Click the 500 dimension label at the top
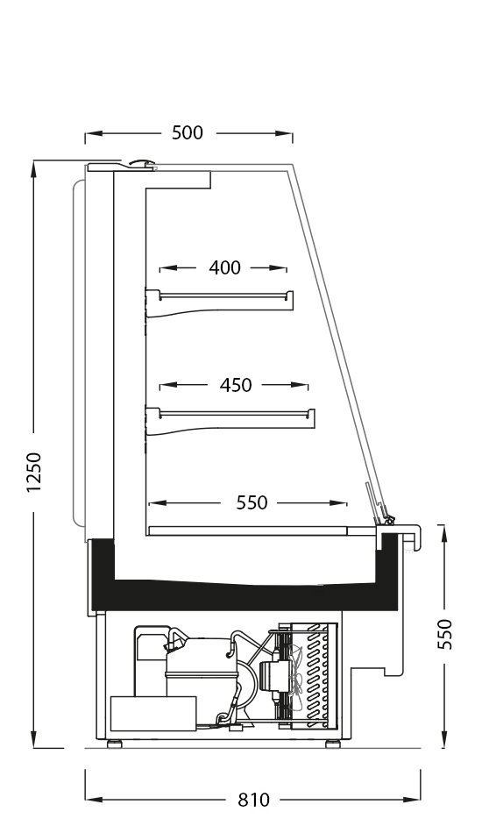tap(188, 132)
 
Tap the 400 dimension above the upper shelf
tap(224, 267)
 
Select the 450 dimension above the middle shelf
tap(236, 385)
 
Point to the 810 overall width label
tap(254, 800)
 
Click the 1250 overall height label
tap(34, 473)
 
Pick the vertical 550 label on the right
tap(445, 634)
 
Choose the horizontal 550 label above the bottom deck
tap(252, 502)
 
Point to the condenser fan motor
tap(273, 676)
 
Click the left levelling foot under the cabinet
tap(114, 744)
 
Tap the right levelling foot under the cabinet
tap(333, 744)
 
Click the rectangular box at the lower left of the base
tap(152, 714)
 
